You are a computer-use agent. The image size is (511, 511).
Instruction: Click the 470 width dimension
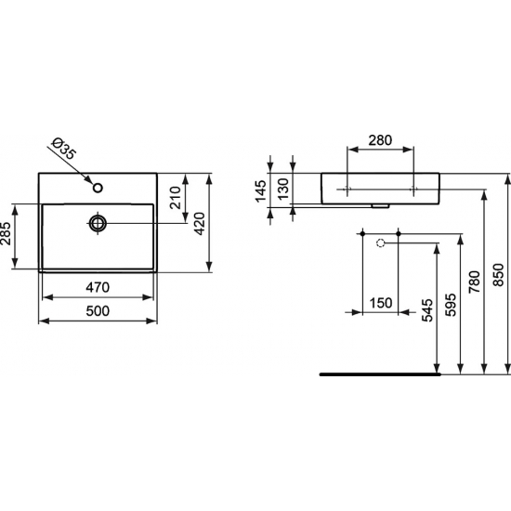(98, 286)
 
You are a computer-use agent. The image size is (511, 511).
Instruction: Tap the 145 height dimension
(261, 191)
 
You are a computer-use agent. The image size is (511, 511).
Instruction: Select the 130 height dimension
(284, 191)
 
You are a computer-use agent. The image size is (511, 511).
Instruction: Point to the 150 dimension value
(378, 301)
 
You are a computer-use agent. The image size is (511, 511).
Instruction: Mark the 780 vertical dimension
(476, 276)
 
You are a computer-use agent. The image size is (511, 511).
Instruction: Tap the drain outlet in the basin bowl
(98, 223)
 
